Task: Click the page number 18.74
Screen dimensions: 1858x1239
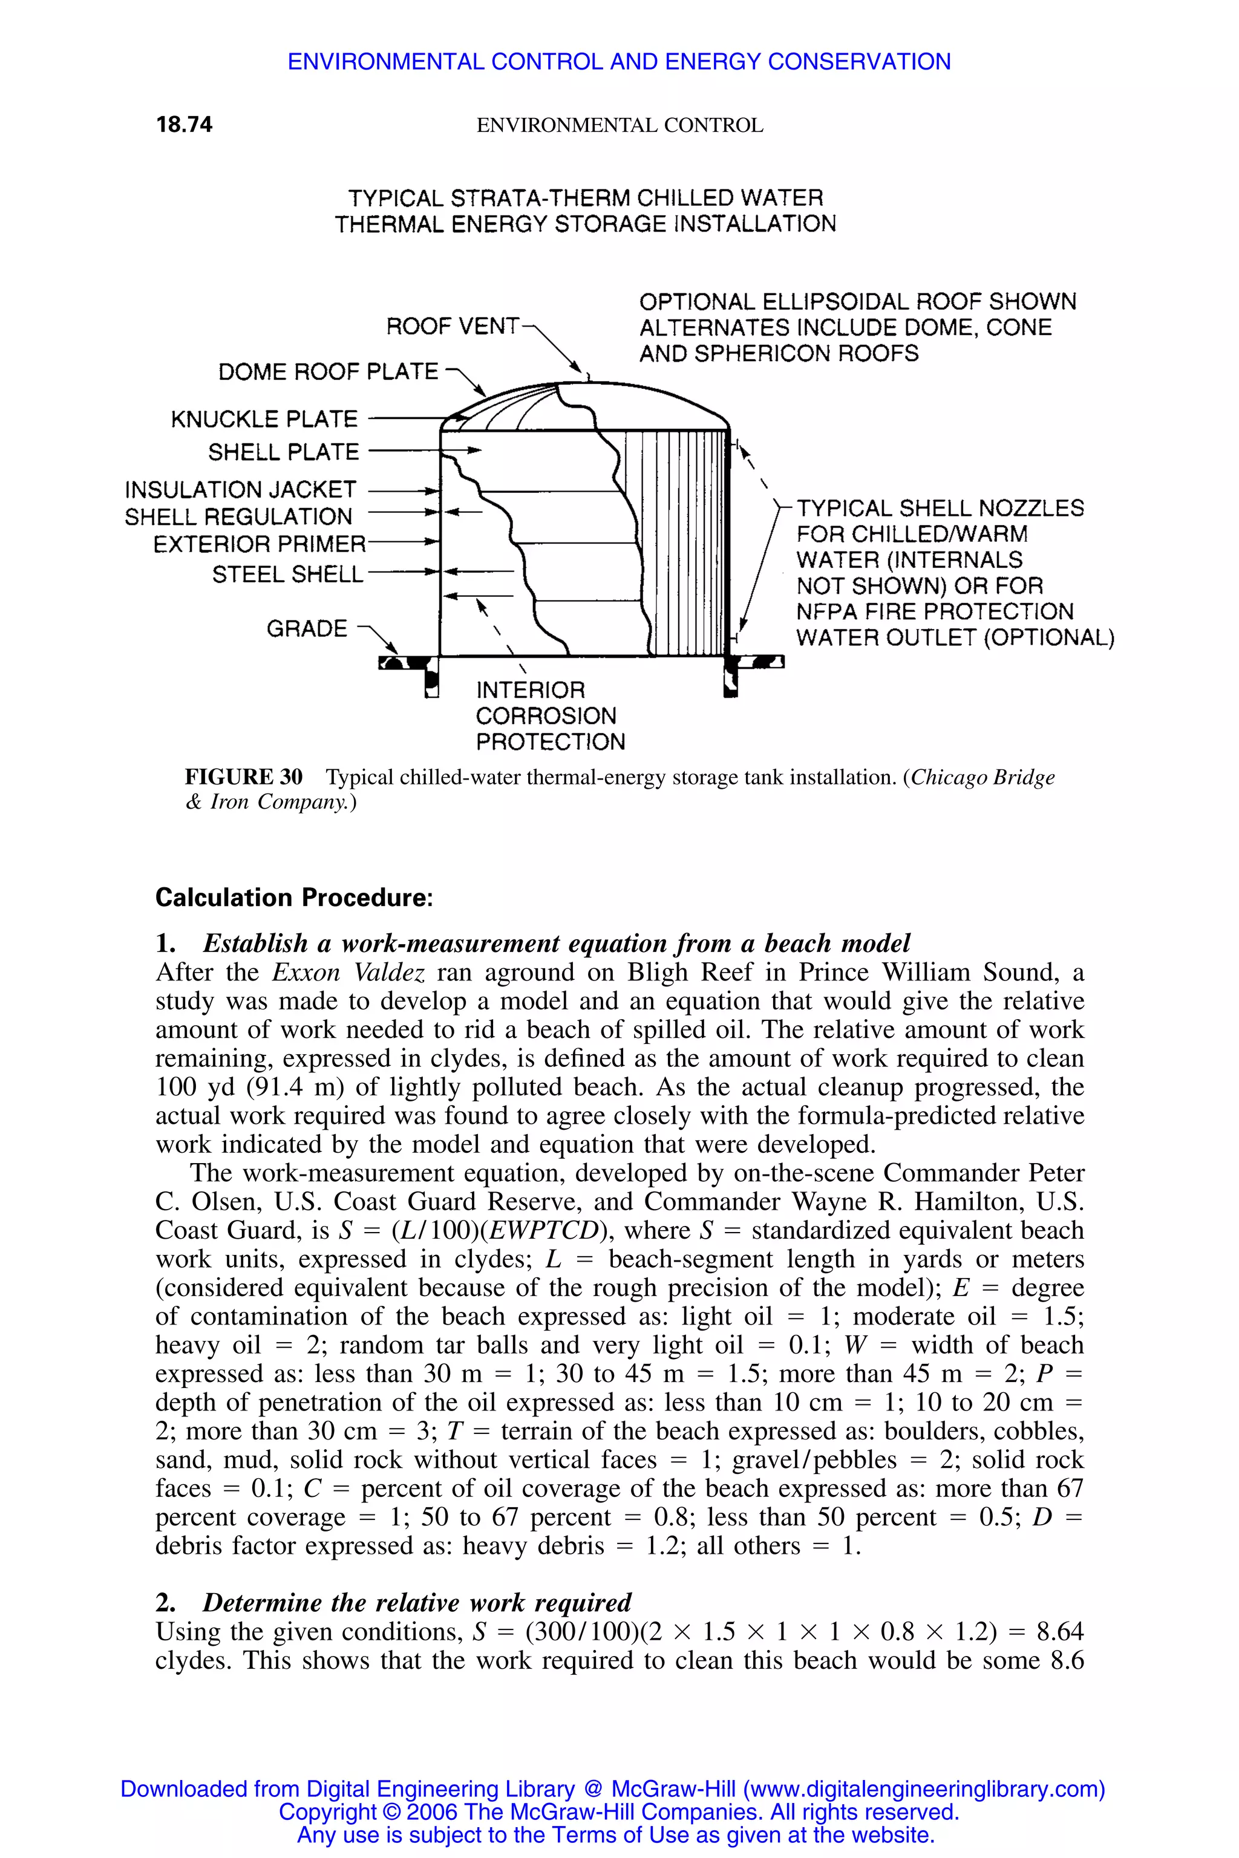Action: click(x=184, y=125)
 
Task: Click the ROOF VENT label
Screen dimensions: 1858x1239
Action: click(x=452, y=326)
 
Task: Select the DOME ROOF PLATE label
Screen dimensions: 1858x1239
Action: click(x=328, y=372)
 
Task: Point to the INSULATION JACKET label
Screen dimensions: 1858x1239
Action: click(x=240, y=490)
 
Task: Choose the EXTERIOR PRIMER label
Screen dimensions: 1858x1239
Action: click(x=259, y=544)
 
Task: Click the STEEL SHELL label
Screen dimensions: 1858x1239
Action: click(x=287, y=575)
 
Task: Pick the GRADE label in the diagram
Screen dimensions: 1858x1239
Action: click(x=307, y=629)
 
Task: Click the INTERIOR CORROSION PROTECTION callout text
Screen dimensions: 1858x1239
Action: click(x=549, y=715)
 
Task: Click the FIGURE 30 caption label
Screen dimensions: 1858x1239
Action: click(x=243, y=777)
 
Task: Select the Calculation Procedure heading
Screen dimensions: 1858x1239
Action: click(x=294, y=898)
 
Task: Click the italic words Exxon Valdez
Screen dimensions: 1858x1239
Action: click(x=348, y=973)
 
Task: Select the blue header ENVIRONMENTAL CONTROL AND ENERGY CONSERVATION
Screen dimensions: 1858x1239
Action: click(x=619, y=62)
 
